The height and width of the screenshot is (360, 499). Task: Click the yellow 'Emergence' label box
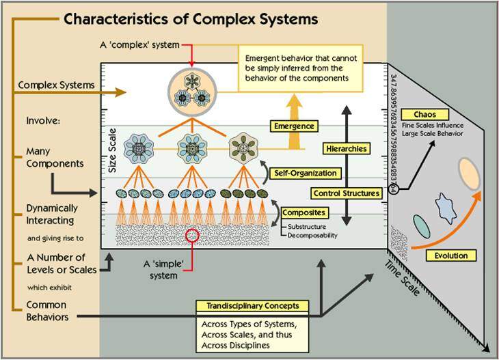tap(291, 126)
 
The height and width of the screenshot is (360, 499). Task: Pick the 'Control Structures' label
tap(347, 193)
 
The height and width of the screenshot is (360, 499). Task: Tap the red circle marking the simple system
tap(193, 236)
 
